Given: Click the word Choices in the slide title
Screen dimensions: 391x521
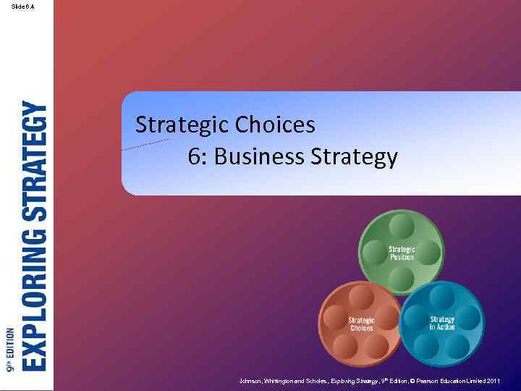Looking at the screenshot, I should coord(276,125).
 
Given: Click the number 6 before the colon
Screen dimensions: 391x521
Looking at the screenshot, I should coord(193,156).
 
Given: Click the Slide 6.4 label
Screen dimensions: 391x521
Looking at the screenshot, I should coord(22,7).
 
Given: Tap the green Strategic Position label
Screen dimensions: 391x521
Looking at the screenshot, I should coord(402,253).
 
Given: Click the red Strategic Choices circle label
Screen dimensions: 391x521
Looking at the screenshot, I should coord(361,324).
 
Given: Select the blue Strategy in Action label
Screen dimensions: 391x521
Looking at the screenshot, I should coord(441,323).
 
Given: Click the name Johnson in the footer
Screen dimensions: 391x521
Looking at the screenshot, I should coord(252,380).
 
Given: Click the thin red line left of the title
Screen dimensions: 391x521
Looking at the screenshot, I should coord(145,144).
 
